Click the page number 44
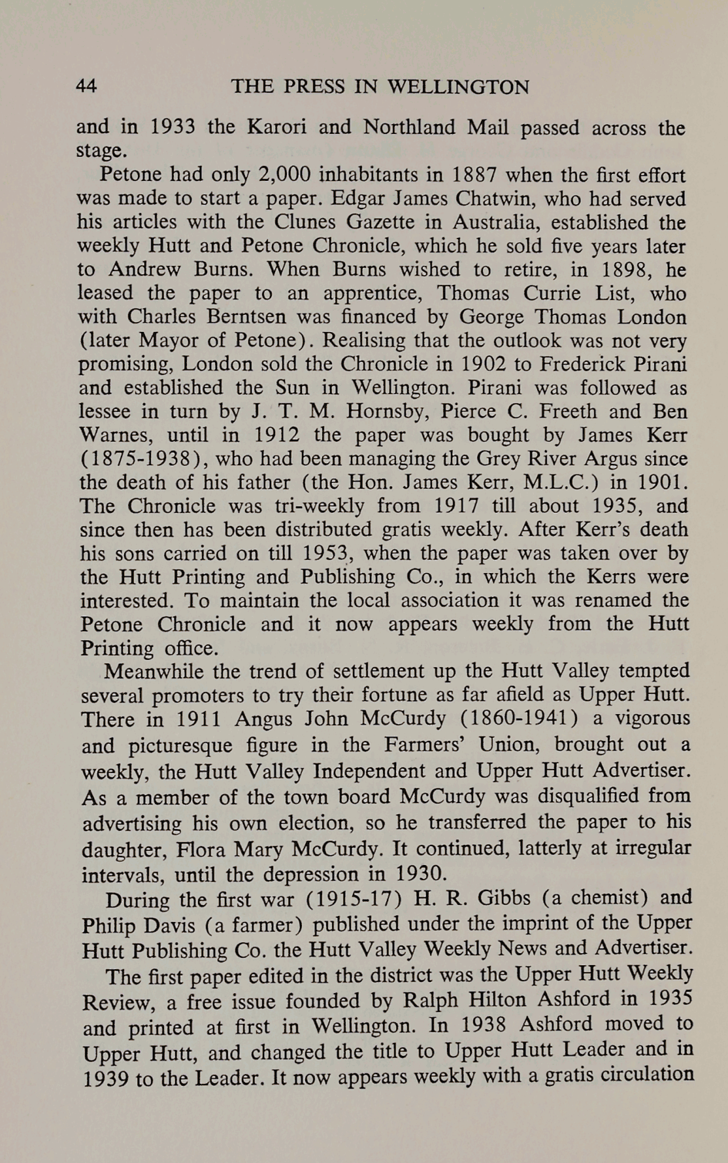(87, 86)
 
